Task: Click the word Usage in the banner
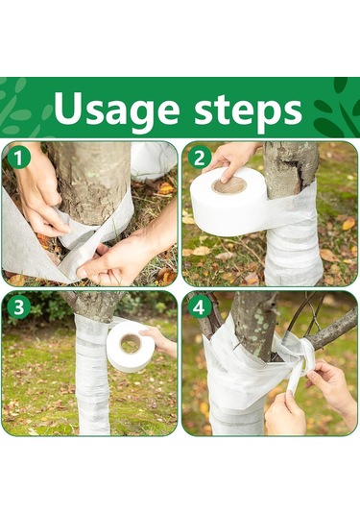pyautogui.click(x=116, y=110)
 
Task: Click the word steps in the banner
pyautogui.click(x=248, y=110)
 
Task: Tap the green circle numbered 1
pyautogui.click(x=18, y=158)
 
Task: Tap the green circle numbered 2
pyautogui.click(x=199, y=159)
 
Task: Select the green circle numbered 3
pyautogui.click(x=18, y=307)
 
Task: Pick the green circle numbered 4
pyautogui.click(x=199, y=307)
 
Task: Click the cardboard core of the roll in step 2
pyautogui.click(x=229, y=186)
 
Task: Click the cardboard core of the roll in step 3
pyautogui.click(x=131, y=344)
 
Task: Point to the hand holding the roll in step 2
pyautogui.click(x=229, y=159)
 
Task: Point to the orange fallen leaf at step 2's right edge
pyautogui.click(x=348, y=223)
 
